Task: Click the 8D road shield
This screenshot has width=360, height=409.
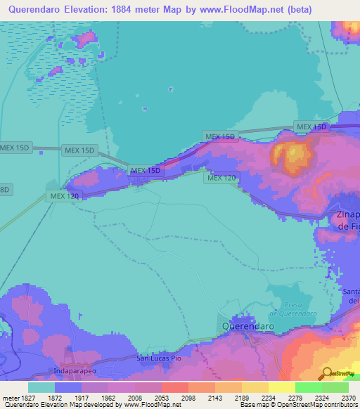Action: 5,190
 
